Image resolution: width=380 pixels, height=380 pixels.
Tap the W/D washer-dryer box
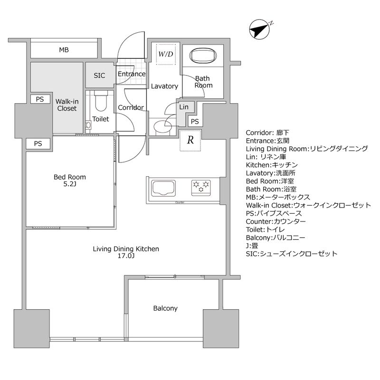pos(166,55)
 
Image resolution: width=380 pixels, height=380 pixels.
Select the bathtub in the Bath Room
pos(203,56)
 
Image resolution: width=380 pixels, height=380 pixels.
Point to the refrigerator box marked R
pos(190,141)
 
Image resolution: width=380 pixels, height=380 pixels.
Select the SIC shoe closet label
pos(99,76)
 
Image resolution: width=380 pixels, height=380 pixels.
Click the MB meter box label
pos(64,50)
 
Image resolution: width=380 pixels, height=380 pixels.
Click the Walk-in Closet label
pos(66,104)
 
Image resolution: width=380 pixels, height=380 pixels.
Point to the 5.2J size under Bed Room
pos(69,185)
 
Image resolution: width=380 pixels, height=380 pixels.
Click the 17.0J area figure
pos(126,257)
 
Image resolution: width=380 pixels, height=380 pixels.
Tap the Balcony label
pos(165,308)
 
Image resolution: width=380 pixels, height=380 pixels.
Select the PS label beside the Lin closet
pos(195,122)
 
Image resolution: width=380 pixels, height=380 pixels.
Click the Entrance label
pos(131,74)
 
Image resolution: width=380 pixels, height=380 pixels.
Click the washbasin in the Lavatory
pos(161,126)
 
